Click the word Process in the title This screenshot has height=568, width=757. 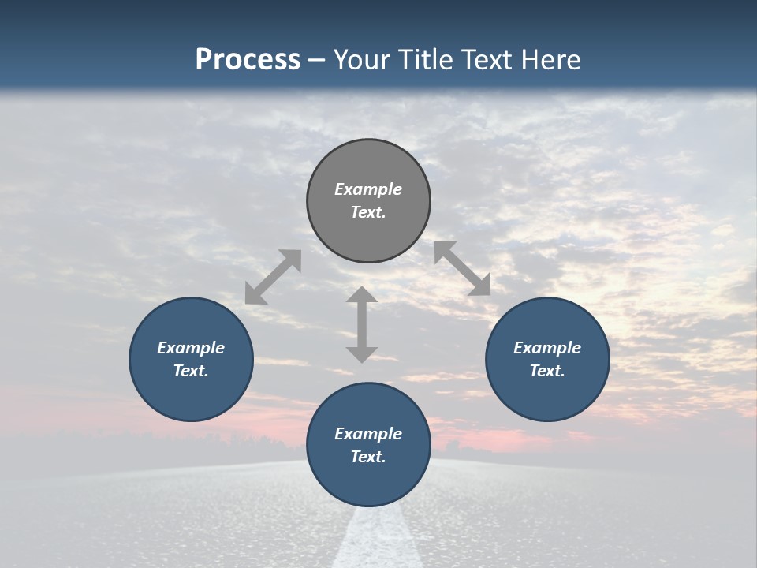(x=248, y=60)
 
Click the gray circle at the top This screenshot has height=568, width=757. (x=368, y=166)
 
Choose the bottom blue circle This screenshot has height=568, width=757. (x=368, y=481)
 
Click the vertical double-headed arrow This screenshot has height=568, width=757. (x=362, y=324)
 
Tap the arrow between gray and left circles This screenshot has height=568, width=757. (x=273, y=277)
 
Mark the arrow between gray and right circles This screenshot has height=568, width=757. (x=462, y=268)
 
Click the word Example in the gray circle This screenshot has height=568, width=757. (x=368, y=189)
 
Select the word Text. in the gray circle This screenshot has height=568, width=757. (x=368, y=212)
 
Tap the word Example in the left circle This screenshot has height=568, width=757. (x=191, y=348)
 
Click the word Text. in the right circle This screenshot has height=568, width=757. (x=547, y=371)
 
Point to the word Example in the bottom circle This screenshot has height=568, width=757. (x=368, y=434)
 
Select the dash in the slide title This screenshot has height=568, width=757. (x=316, y=60)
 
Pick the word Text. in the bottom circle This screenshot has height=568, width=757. (x=368, y=457)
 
